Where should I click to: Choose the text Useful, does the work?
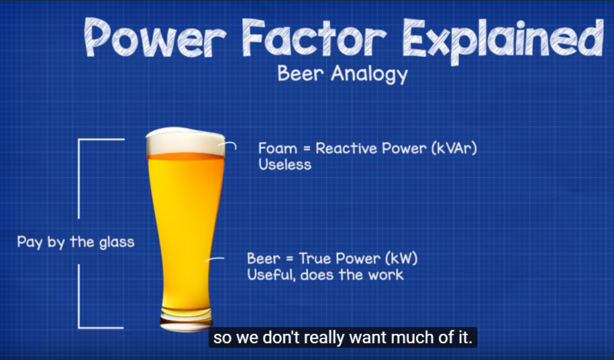(x=323, y=275)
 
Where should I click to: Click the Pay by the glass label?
(x=75, y=242)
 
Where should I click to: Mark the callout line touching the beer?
(x=216, y=260)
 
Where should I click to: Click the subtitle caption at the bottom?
(x=342, y=338)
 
